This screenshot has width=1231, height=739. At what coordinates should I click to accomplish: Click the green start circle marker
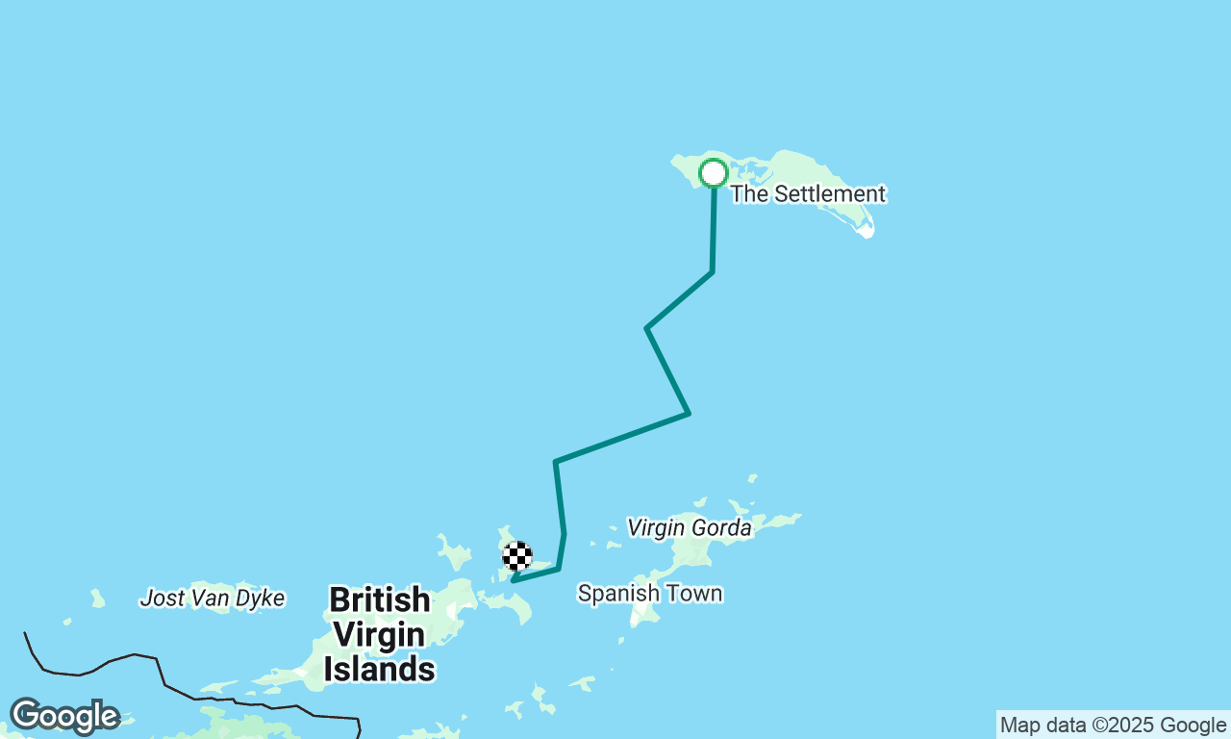tap(713, 173)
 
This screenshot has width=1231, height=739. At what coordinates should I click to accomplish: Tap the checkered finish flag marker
tap(517, 556)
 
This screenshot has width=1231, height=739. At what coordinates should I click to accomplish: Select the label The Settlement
tap(807, 194)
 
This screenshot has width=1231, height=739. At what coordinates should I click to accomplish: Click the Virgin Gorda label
tap(689, 527)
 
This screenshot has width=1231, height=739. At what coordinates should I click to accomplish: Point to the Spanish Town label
tap(649, 594)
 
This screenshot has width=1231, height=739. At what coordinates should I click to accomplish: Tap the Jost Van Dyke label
tap(213, 599)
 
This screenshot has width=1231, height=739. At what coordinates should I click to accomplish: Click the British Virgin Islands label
tap(379, 634)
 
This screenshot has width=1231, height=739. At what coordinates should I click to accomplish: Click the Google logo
tap(64, 717)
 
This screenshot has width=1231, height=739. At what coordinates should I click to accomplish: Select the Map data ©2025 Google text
tap(1113, 726)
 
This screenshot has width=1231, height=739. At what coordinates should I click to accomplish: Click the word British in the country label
tap(379, 600)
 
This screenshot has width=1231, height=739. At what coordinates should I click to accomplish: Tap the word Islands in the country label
tap(379, 669)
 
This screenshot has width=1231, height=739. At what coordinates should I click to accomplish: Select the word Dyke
tap(262, 599)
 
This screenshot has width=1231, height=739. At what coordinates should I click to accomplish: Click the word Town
tap(697, 594)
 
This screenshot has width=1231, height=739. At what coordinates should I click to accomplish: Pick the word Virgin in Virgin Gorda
tap(657, 527)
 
